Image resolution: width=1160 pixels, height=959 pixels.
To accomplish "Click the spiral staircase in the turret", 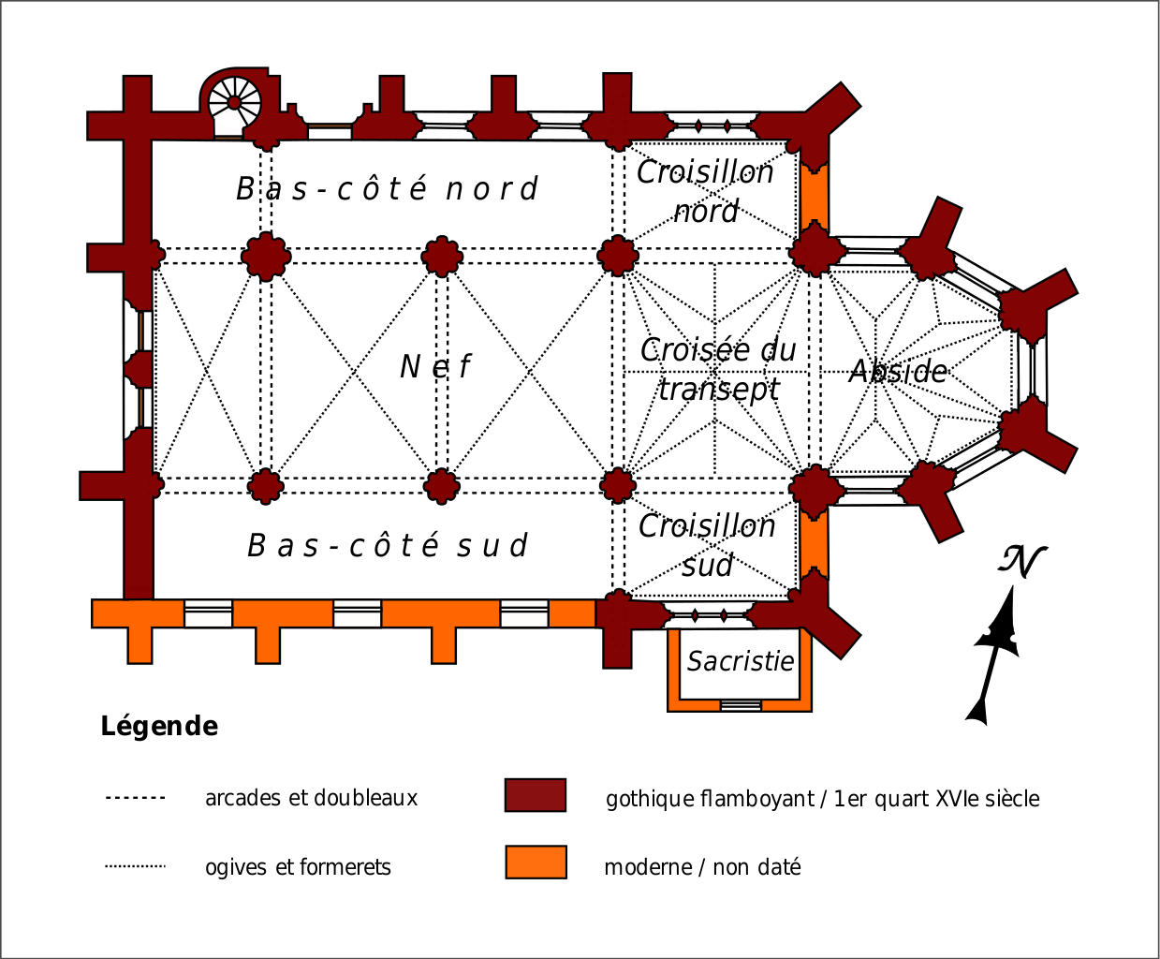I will [233, 102].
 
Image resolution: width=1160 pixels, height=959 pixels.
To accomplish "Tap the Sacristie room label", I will [740, 661].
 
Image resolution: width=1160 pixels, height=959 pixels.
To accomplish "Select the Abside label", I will [898, 372].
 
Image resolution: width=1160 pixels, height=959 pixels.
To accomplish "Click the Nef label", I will [435, 366].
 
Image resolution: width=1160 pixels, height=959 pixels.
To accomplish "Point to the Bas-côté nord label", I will [387, 189].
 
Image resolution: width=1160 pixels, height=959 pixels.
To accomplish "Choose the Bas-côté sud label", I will [388, 545].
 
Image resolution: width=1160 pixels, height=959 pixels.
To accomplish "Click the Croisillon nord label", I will [706, 191].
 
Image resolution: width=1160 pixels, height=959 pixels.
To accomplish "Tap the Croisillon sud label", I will [707, 545].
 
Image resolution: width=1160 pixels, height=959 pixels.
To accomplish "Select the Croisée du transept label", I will [718, 368].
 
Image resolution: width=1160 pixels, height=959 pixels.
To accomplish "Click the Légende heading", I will [159, 726].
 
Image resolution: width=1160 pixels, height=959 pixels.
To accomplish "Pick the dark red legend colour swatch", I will [536, 795].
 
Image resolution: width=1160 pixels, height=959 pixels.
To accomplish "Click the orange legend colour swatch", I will [536, 863].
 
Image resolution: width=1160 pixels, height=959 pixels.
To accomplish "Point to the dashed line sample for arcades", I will [135, 798].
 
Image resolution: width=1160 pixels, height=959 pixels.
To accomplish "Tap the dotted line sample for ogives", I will [135, 866].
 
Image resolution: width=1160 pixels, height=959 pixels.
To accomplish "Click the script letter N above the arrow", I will [1021, 562].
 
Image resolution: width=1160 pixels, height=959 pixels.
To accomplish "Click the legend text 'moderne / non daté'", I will [702, 867].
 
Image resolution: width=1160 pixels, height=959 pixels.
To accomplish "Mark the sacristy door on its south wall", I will [741, 705].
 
